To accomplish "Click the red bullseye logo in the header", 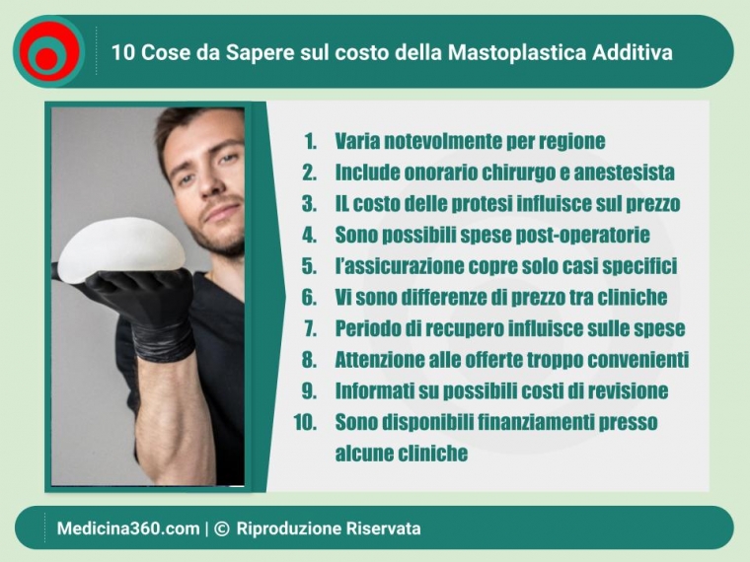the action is (48, 51).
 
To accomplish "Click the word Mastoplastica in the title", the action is (517, 52).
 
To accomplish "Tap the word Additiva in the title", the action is (633, 52).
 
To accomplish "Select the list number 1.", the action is (311, 141).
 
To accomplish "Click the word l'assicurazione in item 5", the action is (399, 266).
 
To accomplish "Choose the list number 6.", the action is (309, 297).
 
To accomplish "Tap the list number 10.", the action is (305, 422).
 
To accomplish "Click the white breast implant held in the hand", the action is (121, 251).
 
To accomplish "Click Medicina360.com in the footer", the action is (128, 529).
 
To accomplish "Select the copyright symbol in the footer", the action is (221, 528).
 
